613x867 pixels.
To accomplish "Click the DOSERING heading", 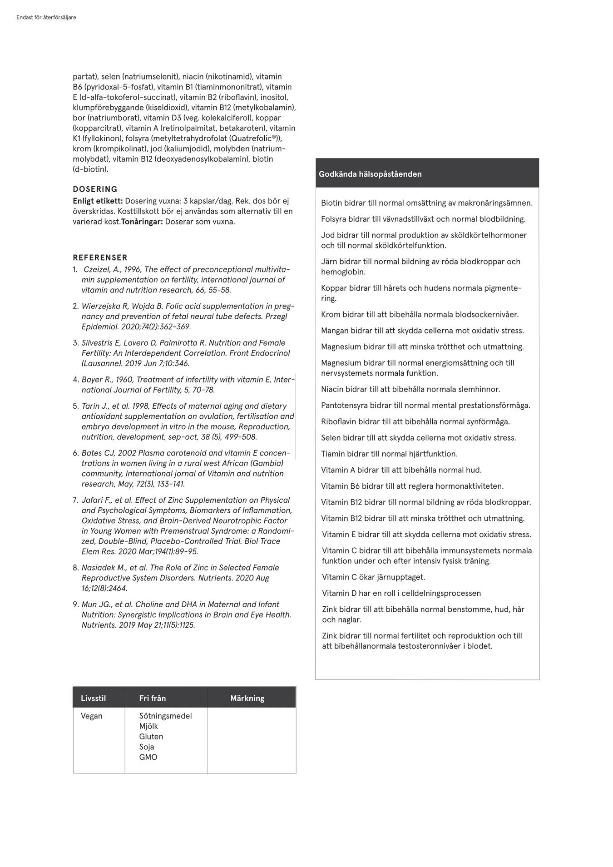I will click(95, 189).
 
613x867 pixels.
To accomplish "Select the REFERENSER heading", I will click(100, 258).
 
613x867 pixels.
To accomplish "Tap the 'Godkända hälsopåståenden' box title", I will click(370, 174).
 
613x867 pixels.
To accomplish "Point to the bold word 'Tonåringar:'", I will click(142, 222).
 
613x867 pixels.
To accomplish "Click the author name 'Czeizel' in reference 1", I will click(95, 269).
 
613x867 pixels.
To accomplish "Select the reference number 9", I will click(75, 604).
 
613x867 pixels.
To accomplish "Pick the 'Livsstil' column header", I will click(93, 698).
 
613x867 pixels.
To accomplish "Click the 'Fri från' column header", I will click(152, 698).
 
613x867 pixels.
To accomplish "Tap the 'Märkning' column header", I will click(247, 698).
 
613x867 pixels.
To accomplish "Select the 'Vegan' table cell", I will click(91, 716).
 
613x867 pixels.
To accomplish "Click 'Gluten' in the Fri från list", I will click(151, 737).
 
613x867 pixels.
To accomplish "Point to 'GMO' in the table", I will click(148, 757).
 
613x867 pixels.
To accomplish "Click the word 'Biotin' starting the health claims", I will click(331, 203).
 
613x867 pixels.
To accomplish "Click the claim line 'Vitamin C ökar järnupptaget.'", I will click(373, 577).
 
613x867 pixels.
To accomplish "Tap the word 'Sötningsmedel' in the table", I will click(165, 716).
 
